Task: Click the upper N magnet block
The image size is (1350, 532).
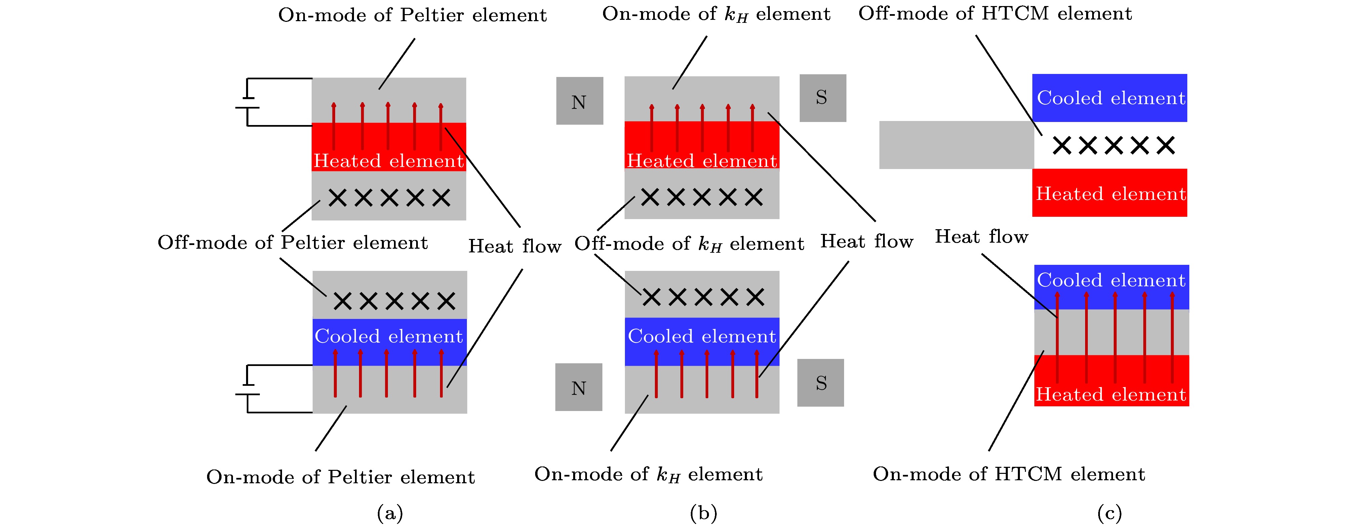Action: point(580,101)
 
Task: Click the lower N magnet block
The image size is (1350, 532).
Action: point(579,387)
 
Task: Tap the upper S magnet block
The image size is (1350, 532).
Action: point(822,98)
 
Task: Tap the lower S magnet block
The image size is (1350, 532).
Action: point(821,383)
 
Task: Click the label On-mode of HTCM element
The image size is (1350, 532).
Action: point(1009,474)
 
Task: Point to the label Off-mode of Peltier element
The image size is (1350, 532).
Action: point(292,243)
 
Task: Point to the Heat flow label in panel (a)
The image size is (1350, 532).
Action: point(515,246)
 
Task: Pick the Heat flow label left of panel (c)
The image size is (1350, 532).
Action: point(982,237)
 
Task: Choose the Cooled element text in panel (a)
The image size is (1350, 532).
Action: point(389,336)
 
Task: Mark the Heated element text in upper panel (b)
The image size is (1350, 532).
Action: point(702,160)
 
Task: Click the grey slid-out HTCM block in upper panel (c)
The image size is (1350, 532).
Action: point(956,145)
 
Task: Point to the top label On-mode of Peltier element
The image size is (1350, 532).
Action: point(412,15)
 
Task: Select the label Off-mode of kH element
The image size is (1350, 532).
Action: point(689,244)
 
